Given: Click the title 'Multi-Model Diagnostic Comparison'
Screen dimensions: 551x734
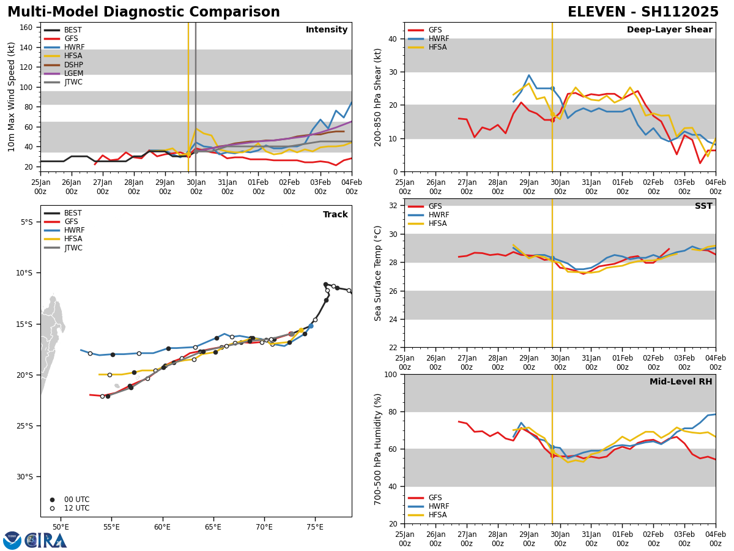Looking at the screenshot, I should tap(144, 12).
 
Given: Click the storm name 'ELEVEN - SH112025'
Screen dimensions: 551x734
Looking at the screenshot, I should tap(643, 12).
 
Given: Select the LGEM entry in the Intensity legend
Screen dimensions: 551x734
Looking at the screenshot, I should tap(73, 73).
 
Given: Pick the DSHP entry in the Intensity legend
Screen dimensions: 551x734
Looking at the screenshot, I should tap(73, 65).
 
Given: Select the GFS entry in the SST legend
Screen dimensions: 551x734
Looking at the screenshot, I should tap(436, 206).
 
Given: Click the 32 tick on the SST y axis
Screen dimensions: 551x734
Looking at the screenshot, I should tap(395, 206).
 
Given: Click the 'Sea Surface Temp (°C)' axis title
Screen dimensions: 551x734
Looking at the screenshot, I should tap(378, 273).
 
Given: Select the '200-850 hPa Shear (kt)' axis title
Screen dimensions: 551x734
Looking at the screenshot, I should tap(378, 97).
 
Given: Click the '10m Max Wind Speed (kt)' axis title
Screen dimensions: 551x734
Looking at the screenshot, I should tap(12, 97).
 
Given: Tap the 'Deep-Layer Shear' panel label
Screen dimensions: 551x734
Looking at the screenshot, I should tap(669, 30).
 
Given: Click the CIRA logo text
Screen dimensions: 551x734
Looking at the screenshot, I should tap(46, 541).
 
